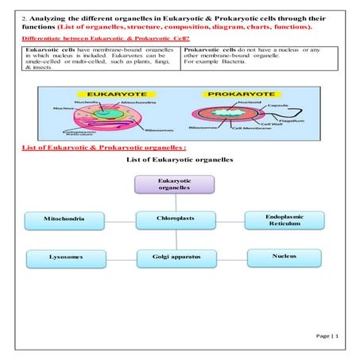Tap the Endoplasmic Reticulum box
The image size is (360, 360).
point(284,220)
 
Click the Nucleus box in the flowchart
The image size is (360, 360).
point(284,257)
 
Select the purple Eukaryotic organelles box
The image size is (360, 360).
point(175,184)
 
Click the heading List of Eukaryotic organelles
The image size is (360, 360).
point(180,160)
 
